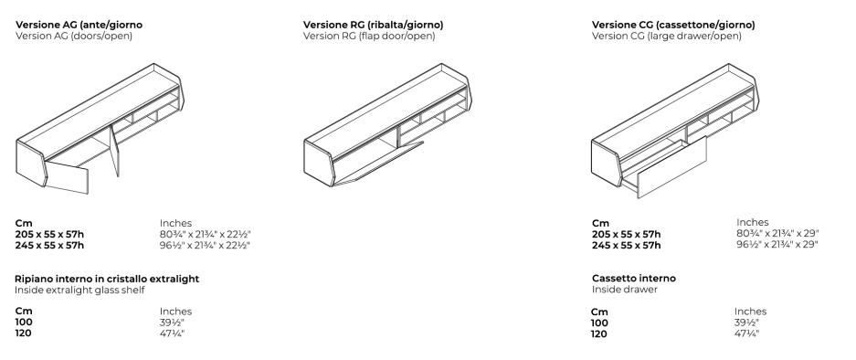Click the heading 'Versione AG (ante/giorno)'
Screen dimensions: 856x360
tap(79, 25)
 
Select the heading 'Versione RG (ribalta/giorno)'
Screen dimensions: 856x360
tap(373, 25)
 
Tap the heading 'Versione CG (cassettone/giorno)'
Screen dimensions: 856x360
tap(673, 25)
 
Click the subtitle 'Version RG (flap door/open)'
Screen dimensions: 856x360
tap(369, 36)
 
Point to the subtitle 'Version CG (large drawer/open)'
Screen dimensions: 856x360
tap(667, 36)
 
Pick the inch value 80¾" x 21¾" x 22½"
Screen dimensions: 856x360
tap(206, 234)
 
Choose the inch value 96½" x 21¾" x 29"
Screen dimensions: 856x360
tap(777, 244)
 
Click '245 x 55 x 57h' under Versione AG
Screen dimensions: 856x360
tap(49, 245)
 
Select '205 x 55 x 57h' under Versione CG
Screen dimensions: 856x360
tap(626, 234)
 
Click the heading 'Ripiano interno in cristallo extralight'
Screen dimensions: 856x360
tap(107, 279)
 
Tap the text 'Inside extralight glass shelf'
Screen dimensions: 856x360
tap(79, 290)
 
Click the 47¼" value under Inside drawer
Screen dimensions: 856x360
tap(746, 334)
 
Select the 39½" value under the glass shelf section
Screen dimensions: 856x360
tap(172, 323)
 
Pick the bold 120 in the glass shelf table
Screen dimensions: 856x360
tap(24, 334)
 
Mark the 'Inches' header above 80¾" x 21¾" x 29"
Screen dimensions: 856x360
tap(752, 222)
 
